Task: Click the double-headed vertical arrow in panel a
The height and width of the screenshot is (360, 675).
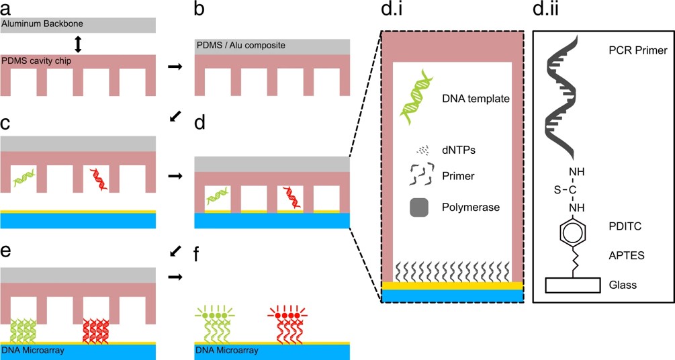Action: [x=78, y=44]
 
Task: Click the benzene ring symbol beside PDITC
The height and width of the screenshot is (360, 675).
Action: [x=572, y=235]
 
